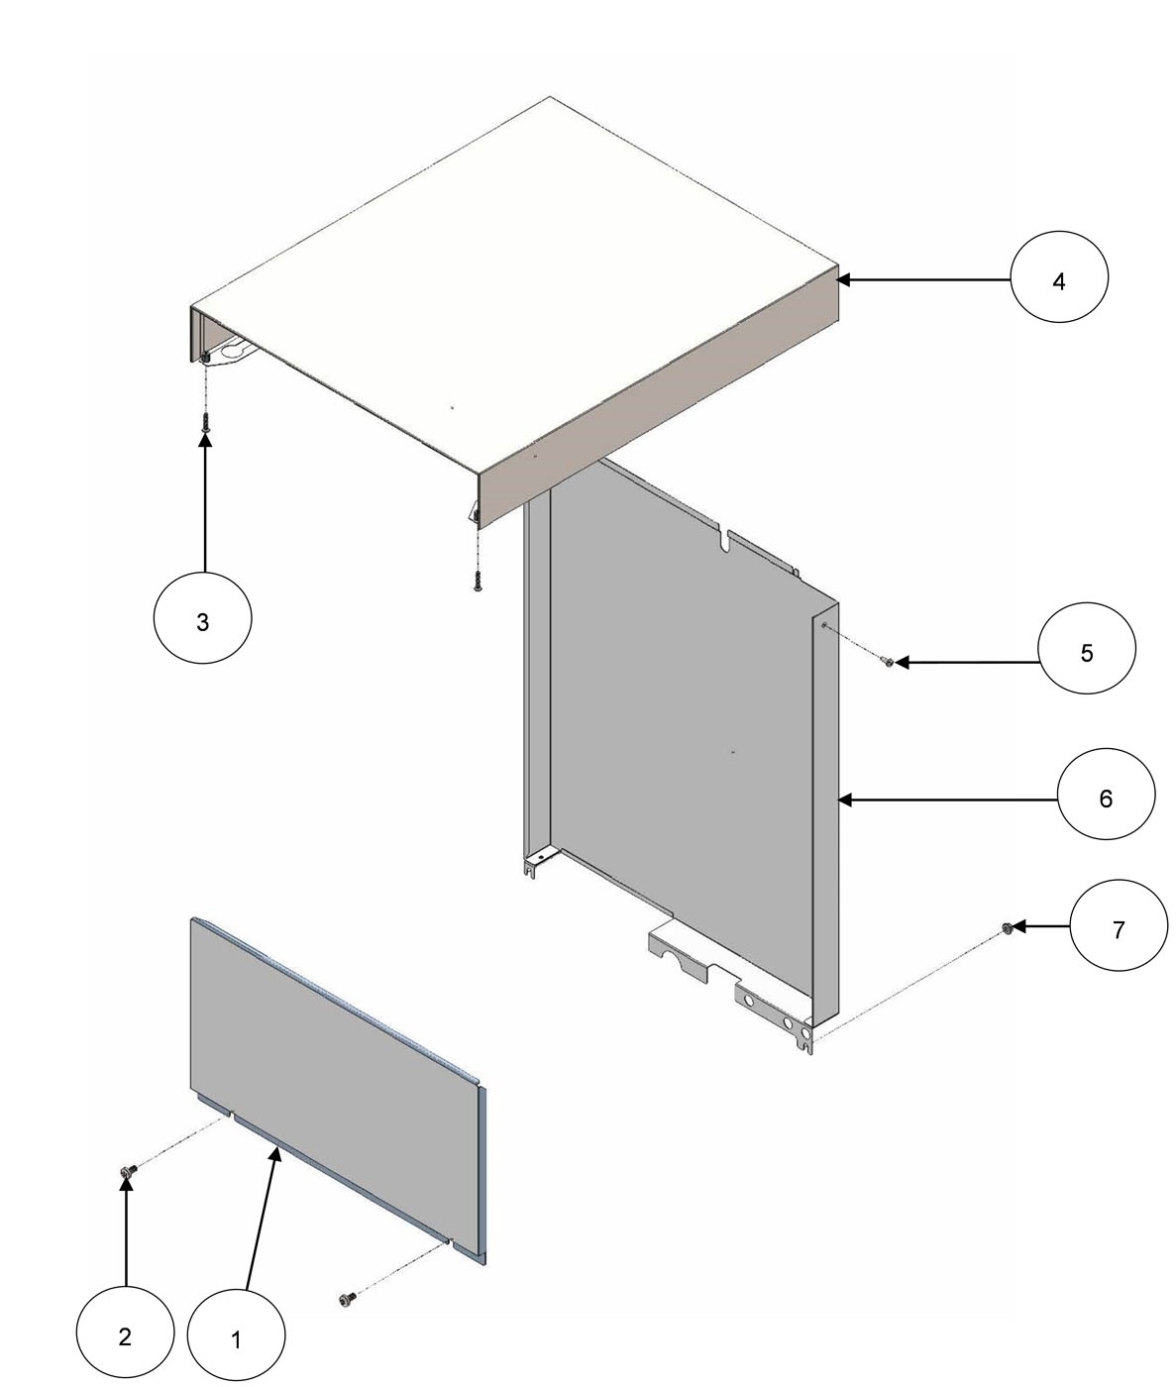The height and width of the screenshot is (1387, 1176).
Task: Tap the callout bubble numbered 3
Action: click(x=203, y=621)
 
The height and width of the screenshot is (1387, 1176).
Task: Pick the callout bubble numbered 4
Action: click(x=1058, y=280)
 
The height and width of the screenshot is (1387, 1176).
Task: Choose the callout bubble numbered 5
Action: click(x=1086, y=652)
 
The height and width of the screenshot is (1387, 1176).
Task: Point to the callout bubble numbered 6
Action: click(x=1105, y=798)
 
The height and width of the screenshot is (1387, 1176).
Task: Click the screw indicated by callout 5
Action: click(x=889, y=661)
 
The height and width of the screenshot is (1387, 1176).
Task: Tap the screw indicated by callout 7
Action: click(x=1007, y=927)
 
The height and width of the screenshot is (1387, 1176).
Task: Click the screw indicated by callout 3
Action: click(x=205, y=421)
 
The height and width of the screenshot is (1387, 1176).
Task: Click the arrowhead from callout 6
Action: click(x=844, y=798)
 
